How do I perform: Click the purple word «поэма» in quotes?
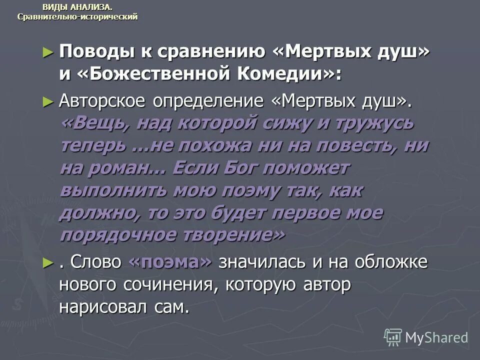pos(170,262)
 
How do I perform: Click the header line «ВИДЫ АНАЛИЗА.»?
pos(77,6)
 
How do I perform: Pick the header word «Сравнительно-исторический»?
pos(77,16)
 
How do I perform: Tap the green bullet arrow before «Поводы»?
pos(48,52)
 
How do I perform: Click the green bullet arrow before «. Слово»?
pos(48,262)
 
